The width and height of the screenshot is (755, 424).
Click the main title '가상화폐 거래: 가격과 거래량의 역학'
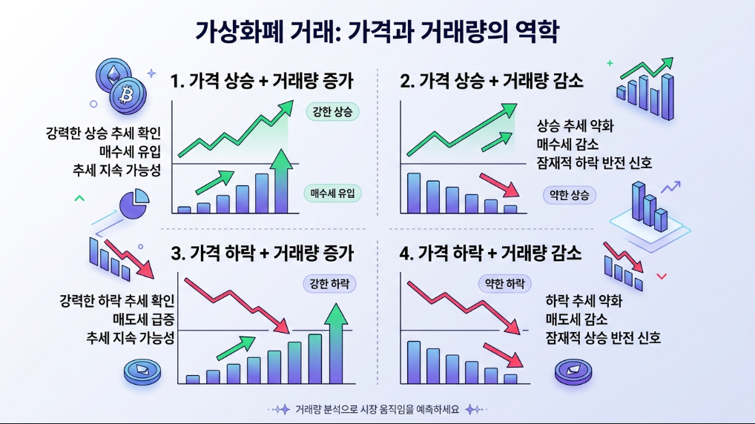click(377, 31)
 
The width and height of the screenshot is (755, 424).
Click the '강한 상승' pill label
click(332, 112)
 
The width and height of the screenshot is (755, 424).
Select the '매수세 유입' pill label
click(332, 194)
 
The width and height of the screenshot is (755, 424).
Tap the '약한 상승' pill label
click(569, 195)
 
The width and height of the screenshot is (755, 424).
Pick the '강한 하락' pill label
click(329, 283)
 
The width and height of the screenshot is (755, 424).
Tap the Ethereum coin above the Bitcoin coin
click(113, 74)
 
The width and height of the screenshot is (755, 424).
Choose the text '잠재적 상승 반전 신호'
click(602, 338)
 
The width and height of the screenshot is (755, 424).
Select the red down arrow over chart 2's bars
click(498, 184)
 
